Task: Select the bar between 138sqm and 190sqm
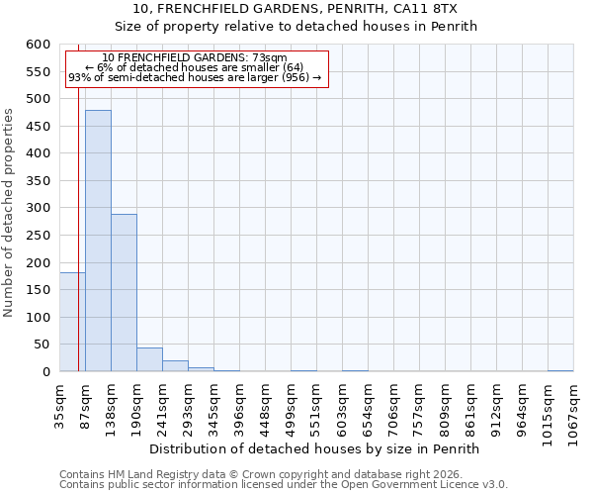[x=124, y=293]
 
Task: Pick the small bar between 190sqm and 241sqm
[x=149, y=359]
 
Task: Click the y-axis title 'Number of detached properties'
[x=9, y=213]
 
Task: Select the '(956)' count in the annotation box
[x=295, y=77]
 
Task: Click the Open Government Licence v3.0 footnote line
[x=283, y=484]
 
